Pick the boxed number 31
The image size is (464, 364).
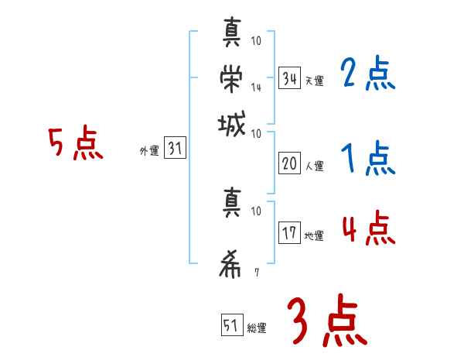(174, 149)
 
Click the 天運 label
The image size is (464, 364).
(314, 81)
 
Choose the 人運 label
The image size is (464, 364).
(314, 166)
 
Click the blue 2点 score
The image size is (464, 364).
(367, 75)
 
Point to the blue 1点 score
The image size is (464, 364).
(367, 160)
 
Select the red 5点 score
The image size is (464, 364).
(76, 145)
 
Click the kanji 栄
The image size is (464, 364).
(230, 77)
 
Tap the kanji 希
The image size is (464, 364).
(230, 264)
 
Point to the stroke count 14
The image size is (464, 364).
(256, 88)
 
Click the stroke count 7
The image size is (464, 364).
(256, 273)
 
